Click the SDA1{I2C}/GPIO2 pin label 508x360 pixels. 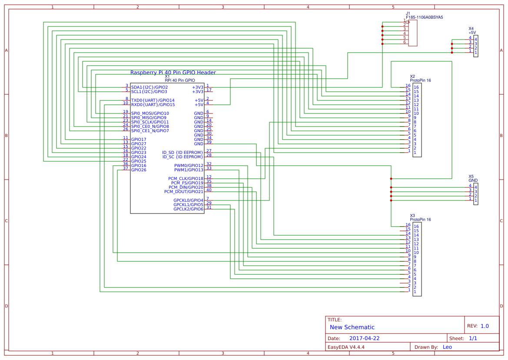pyautogui.click(x=149, y=87)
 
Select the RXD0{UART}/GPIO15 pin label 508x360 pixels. pyautogui.click(x=153, y=105)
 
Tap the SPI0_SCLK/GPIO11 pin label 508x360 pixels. pyautogui.click(x=149, y=122)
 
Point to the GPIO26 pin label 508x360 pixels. pyautogui.click(x=139, y=170)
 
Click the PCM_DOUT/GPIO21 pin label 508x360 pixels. pyautogui.click(x=183, y=192)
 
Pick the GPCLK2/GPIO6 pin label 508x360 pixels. pyautogui.click(x=188, y=209)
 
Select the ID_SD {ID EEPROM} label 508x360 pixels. pyautogui.click(x=183, y=153)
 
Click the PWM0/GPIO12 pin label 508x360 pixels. pyautogui.click(x=189, y=166)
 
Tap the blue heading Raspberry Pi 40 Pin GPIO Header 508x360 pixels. pyautogui.click(x=173, y=73)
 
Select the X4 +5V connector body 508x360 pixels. pyautogui.click(x=476, y=46)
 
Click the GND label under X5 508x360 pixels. pyautogui.click(x=473, y=180)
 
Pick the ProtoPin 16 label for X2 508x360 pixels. pyautogui.click(x=420, y=80)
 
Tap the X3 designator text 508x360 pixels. pyautogui.click(x=412, y=216)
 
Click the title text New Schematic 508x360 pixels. pyautogui.click(x=352, y=327)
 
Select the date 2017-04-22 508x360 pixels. pyautogui.click(x=364, y=338)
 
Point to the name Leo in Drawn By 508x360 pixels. pyautogui.click(x=447, y=347)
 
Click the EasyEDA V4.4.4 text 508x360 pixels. pyautogui.click(x=345, y=347)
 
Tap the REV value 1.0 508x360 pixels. pyautogui.click(x=485, y=326)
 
